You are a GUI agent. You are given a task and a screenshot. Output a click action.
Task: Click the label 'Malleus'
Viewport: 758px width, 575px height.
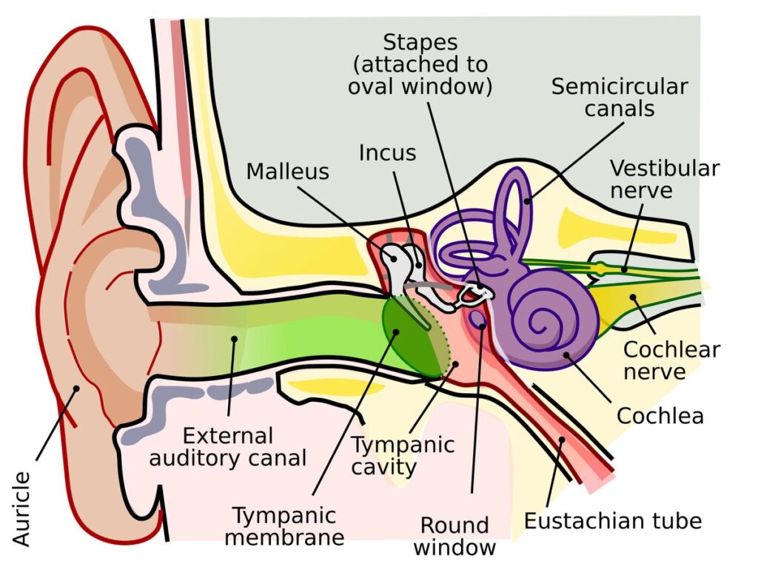coord(287,172)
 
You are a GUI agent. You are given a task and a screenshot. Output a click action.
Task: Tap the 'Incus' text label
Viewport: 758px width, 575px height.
coord(387,153)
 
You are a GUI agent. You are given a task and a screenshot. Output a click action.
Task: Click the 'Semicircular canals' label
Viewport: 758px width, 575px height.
coord(619,97)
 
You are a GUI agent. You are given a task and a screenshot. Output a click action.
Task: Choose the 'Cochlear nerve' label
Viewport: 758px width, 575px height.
coord(671,360)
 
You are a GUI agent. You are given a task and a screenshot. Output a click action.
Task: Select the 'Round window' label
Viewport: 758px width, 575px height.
coord(455,536)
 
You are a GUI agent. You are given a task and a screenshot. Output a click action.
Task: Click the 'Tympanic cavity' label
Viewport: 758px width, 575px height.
coord(402,456)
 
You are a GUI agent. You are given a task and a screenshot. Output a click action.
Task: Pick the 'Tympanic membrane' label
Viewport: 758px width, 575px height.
coord(284,525)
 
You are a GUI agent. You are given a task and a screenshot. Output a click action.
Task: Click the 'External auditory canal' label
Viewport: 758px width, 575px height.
coord(227,446)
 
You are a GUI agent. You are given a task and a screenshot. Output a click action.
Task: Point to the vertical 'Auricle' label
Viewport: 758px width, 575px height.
coord(22,509)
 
